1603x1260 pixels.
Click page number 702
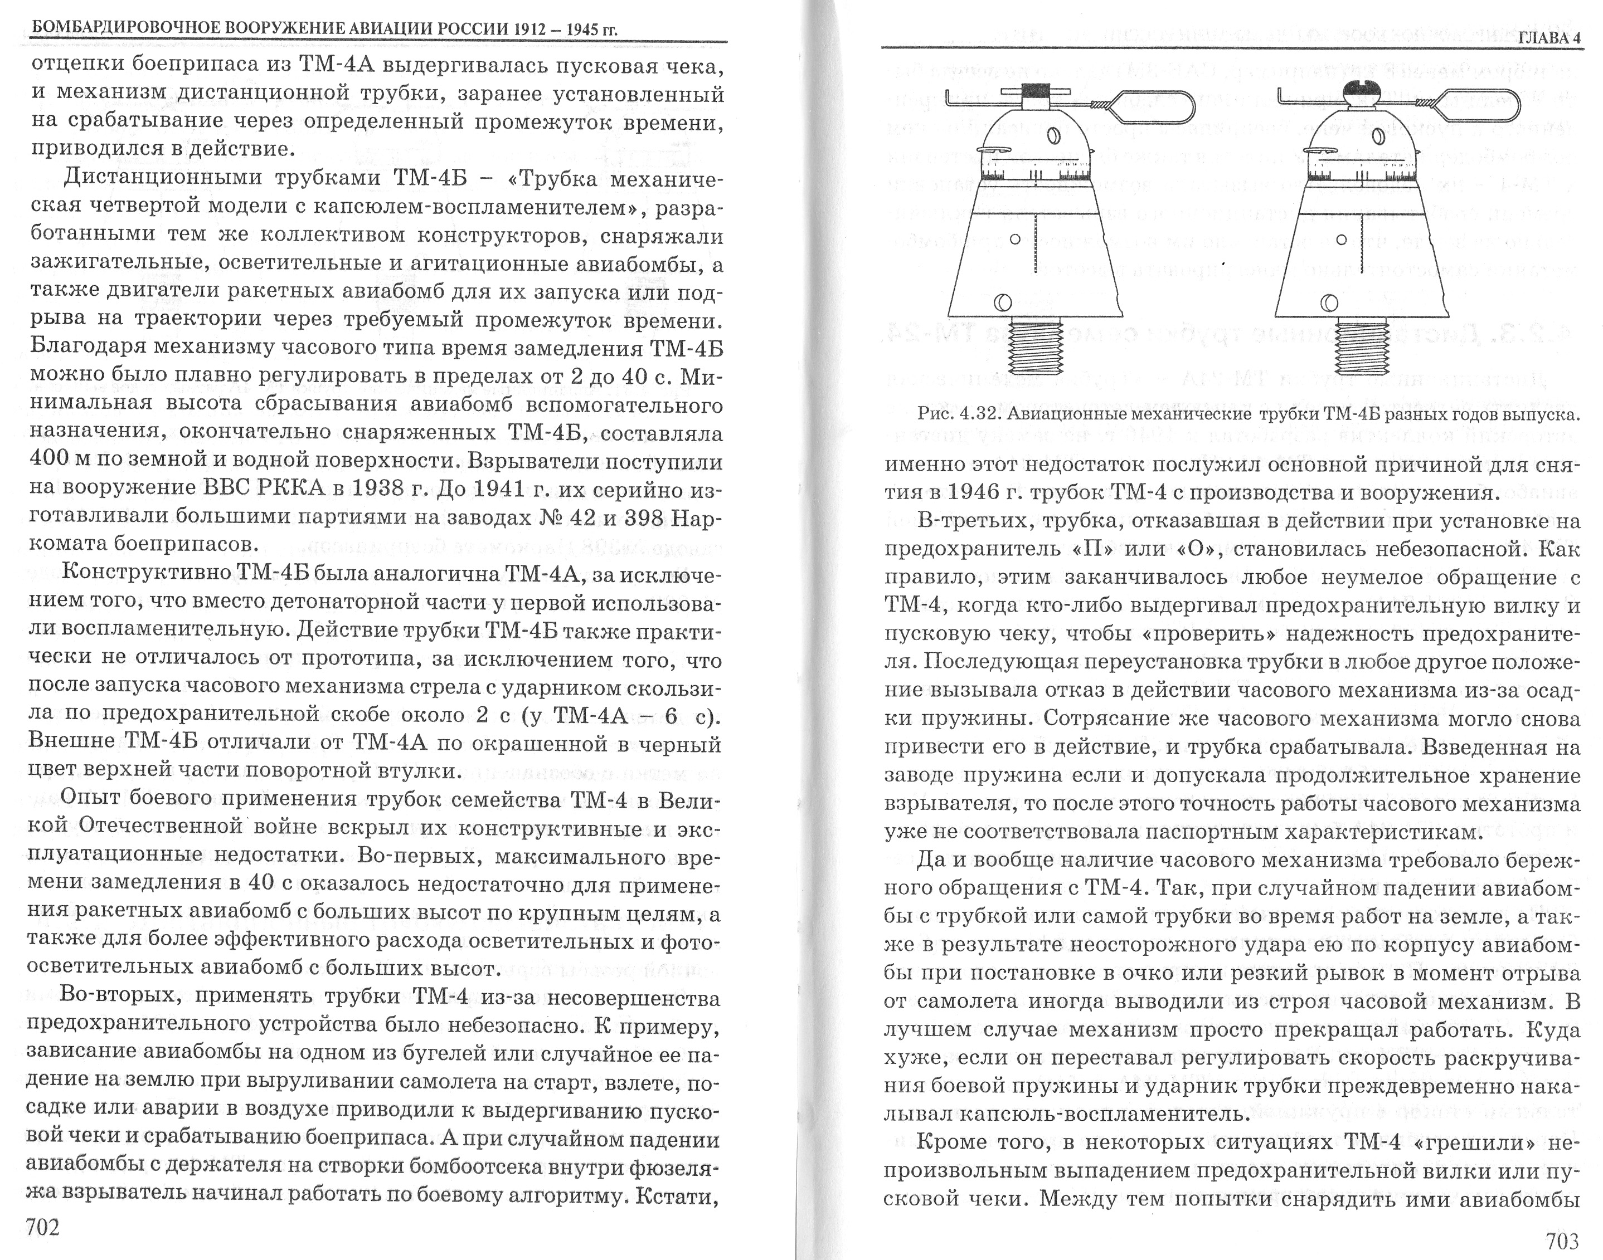43,1227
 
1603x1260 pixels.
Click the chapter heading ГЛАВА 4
1550,39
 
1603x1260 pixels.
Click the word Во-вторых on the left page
121,995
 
